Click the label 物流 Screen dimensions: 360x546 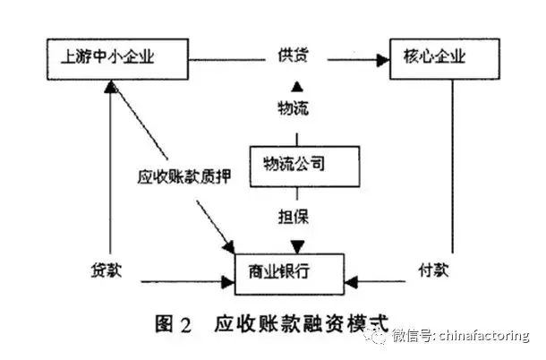(295, 110)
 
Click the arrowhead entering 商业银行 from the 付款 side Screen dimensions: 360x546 (351, 283)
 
